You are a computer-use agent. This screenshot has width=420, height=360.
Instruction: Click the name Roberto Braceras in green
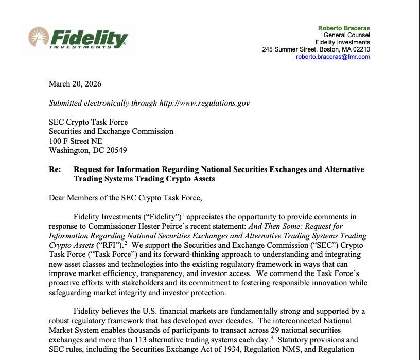tap(344, 28)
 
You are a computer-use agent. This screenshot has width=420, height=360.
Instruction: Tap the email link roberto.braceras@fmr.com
tap(332, 57)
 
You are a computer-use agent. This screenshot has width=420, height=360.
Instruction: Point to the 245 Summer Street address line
tap(316, 49)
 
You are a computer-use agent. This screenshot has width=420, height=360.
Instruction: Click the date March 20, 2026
tap(75, 84)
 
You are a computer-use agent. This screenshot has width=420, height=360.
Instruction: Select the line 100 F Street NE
tap(75, 141)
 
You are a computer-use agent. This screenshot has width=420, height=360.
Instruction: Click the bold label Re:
tap(55, 169)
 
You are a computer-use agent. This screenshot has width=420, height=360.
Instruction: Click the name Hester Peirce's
tap(184, 226)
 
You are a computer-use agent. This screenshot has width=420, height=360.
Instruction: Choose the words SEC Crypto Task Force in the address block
tap(88, 122)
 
